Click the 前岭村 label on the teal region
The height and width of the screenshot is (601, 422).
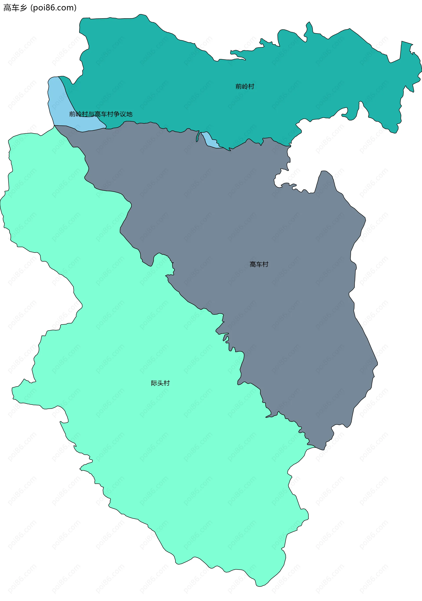pos(245,86)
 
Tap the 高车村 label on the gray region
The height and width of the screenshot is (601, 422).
pos(259,264)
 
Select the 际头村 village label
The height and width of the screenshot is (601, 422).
pos(160,383)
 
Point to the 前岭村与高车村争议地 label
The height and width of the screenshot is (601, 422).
pos(101,114)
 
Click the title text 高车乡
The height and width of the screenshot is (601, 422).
pos(15,8)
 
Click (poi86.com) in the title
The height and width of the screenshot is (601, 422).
pos(54,8)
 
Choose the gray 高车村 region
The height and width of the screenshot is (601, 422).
pos(288,301)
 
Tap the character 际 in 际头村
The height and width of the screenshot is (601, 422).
pos(154,383)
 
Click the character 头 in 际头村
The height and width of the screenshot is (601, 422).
pos(160,383)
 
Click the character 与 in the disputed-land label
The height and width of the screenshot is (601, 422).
pos(91,114)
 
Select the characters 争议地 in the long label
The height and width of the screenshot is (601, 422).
pos(123,114)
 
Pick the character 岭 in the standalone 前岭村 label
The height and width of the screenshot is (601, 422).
pos(245,86)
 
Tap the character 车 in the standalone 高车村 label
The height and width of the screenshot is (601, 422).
pos(259,264)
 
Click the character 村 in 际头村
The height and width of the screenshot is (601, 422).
pos(167,383)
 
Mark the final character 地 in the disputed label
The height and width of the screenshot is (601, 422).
pos(129,114)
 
